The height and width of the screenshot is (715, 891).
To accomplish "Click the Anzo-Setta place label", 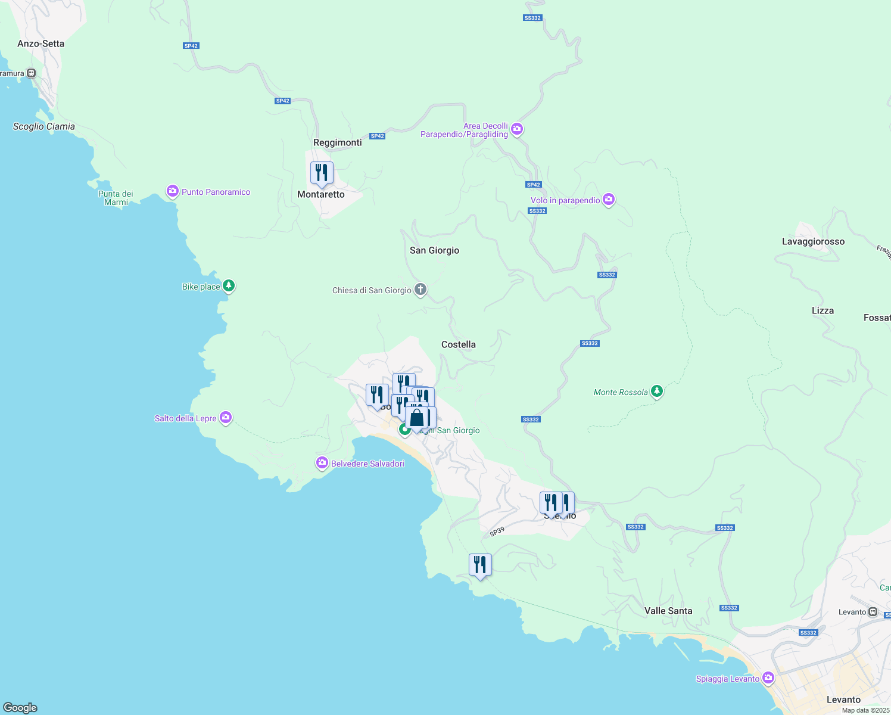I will pyautogui.click(x=40, y=43).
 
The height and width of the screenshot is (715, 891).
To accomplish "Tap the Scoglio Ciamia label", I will pyautogui.click(x=44, y=126).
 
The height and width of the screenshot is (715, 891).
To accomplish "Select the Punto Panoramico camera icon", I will pyautogui.click(x=173, y=191).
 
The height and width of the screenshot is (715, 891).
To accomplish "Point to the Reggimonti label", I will pyautogui.click(x=338, y=142).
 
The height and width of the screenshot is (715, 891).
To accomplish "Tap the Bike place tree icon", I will pyautogui.click(x=229, y=286).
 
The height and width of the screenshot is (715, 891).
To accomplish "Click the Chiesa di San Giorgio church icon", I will pyautogui.click(x=420, y=290).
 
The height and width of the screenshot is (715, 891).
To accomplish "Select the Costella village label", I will pyautogui.click(x=459, y=344).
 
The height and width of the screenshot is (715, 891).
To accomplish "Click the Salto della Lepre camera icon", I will pyautogui.click(x=226, y=418).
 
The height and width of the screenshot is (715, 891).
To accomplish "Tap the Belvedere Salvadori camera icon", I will pyautogui.click(x=322, y=463).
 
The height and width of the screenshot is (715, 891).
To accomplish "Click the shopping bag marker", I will pyautogui.click(x=417, y=418).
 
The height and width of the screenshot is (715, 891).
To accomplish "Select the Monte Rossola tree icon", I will pyautogui.click(x=657, y=391).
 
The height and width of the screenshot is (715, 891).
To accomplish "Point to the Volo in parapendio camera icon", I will pyautogui.click(x=609, y=200).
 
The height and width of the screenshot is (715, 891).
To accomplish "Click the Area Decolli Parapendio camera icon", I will pyautogui.click(x=517, y=129).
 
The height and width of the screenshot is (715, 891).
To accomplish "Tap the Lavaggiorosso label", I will pyautogui.click(x=813, y=241).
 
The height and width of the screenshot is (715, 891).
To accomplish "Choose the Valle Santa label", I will pyautogui.click(x=668, y=611).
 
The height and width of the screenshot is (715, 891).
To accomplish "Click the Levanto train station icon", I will pyautogui.click(x=873, y=612).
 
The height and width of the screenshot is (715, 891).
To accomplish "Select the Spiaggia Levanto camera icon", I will pyautogui.click(x=768, y=678).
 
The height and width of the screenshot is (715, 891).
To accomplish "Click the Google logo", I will pyautogui.click(x=20, y=708).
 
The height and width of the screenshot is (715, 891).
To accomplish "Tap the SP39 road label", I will pyautogui.click(x=497, y=531).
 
